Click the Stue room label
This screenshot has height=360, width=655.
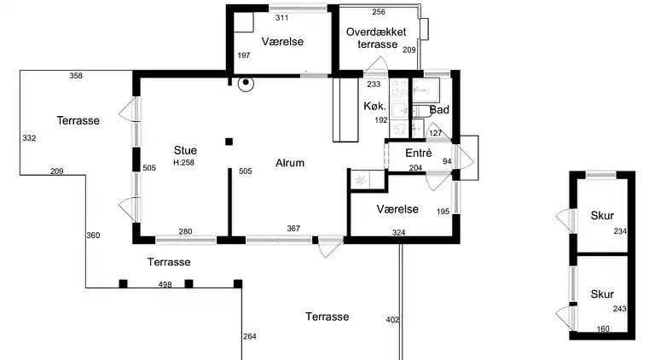pos(185,150)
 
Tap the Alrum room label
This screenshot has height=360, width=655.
pos(290,163)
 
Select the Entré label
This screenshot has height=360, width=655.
pos(419,153)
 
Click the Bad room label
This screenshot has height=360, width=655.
pos(439,110)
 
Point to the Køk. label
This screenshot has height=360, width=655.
pos(374,106)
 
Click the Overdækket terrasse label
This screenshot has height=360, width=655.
pos(376,38)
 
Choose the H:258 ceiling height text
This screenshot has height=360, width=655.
pos(184,162)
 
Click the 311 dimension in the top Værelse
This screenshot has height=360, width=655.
pos(282,18)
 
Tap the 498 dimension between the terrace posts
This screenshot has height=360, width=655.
pos(165,284)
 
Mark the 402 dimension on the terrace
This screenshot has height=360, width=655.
pos(392,320)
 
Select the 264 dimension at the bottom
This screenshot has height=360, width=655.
pos(250,336)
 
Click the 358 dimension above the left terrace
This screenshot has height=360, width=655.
pos(76,76)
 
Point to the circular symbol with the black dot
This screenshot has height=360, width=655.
pos(246,83)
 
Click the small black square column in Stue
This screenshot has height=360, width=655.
pos(229,142)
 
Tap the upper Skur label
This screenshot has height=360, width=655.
pos(602,216)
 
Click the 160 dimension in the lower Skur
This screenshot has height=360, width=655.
pos(603,329)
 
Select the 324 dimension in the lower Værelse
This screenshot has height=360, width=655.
pos(398,233)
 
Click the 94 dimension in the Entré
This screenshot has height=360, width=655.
pos(447,161)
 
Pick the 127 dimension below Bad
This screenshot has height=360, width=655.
pos(435,133)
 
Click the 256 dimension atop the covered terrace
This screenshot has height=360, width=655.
pos(379,12)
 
